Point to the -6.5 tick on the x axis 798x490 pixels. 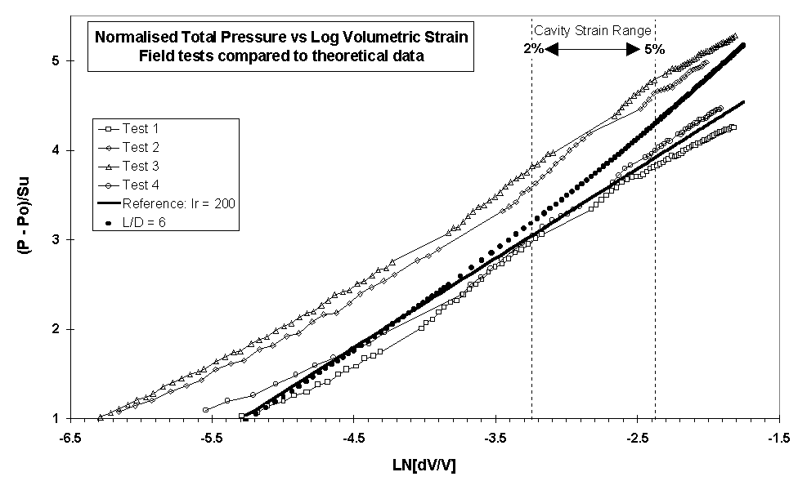coord(70,439)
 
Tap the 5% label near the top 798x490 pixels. coord(654,49)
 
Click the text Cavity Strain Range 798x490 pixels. coord(593,30)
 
